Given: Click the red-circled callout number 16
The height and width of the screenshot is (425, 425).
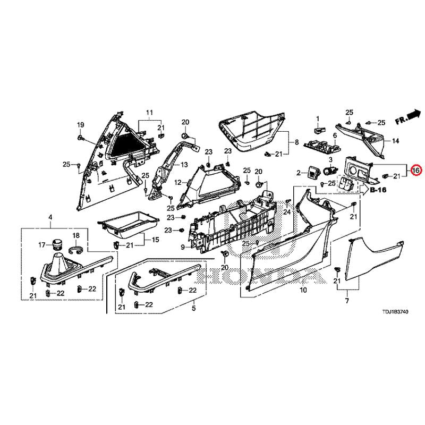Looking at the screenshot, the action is (416, 170).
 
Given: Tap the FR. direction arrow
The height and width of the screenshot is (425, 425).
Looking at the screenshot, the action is (414, 114).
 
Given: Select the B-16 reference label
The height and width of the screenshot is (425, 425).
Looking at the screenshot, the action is (378, 190).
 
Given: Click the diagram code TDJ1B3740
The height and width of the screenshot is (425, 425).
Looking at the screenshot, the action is (395, 312).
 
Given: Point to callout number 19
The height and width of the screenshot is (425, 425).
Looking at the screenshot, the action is (81, 125).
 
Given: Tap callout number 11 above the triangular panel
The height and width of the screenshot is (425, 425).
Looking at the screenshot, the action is (150, 112).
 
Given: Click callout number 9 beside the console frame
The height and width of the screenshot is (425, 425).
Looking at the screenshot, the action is (183, 247).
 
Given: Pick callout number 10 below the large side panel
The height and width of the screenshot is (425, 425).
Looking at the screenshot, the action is (303, 290).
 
